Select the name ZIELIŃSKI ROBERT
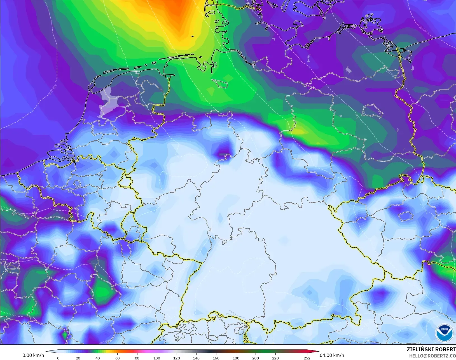[x=431, y=350]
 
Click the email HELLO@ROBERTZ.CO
[x=432, y=356]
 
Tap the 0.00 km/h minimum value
[x=33, y=355]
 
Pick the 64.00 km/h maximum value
[x=332, y=355]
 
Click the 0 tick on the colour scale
[x=58, y=358]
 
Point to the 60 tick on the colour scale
[x=117, y=358]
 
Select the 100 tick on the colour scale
[x=157, y=358]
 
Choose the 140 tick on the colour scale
[x=196, y=358]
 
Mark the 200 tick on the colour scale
[x=256, y=358]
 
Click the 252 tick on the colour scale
[x=307, y=358]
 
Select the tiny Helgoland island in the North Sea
[x=193, y=36]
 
